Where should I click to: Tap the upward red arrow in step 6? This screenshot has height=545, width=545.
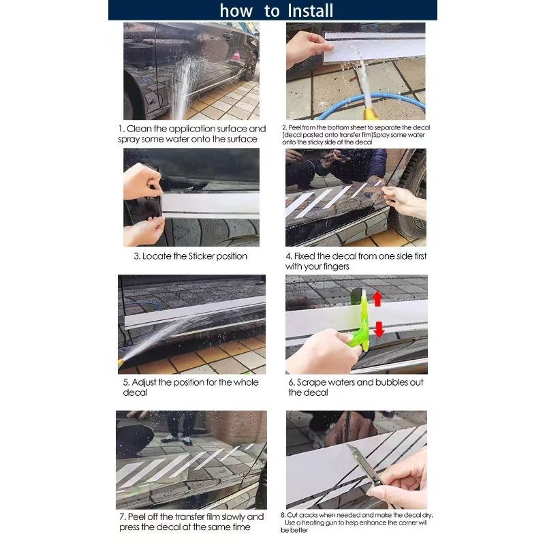tap(377, 298)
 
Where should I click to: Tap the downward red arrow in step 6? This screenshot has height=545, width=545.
tap(379, 329)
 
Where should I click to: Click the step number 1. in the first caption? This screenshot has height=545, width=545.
tap(121, 129)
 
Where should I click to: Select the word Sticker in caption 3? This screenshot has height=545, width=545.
tap(201, 256)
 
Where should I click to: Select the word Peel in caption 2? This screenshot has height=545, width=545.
tap(295, 127)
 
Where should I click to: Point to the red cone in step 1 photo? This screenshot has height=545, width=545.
tap(236, 55)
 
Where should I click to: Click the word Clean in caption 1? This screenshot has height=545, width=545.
tap(139, 129)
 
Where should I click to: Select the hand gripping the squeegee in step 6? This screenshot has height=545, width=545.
tap(324, 352)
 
